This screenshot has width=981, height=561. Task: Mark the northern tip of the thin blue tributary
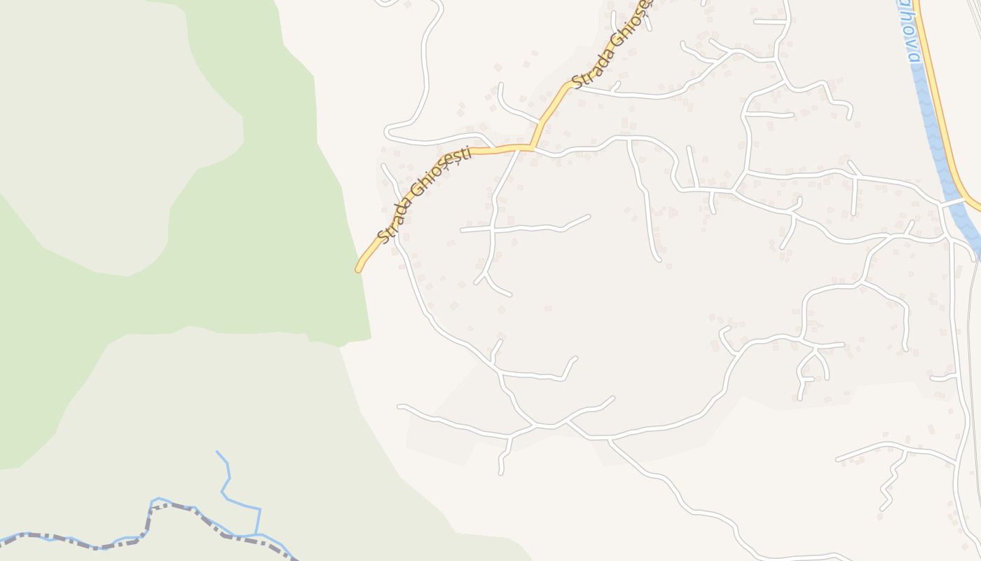tap(217, 452)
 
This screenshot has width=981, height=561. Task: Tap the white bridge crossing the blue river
tap(954, 203)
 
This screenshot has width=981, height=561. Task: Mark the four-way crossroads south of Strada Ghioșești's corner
tap(493, 229)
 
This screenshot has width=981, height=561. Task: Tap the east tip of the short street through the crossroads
tap(589, 216)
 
